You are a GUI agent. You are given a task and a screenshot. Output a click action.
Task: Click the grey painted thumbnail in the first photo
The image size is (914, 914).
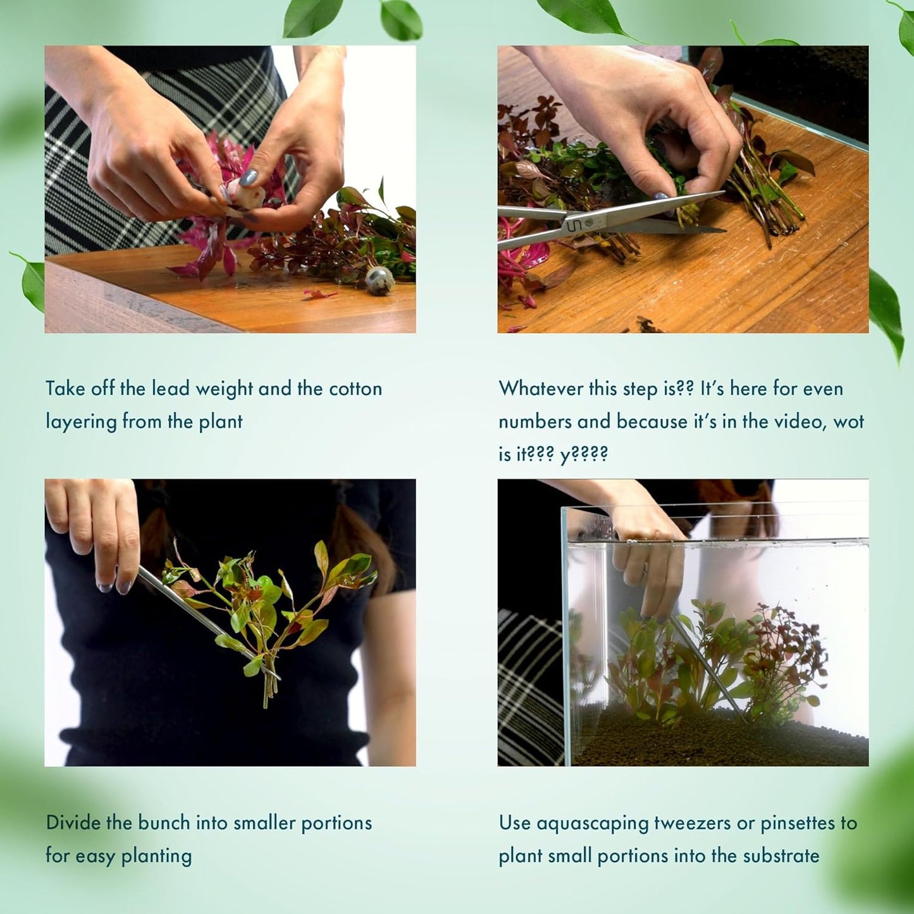[x=248, y=177]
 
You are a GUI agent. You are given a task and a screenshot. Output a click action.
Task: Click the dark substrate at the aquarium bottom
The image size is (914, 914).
[x=721, y=741]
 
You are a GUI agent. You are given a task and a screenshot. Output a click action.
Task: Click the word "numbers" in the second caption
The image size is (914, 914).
[x=535, y=422]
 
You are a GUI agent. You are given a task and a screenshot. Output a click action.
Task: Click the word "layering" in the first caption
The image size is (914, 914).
[x=80, y=422]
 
